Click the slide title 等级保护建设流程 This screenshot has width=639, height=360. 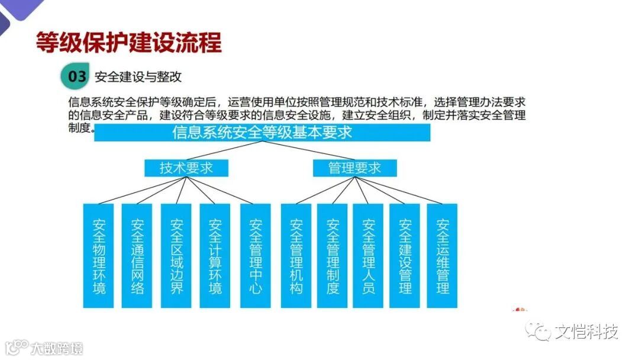pos(129,43)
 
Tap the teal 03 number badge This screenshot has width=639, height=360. pos(76,76)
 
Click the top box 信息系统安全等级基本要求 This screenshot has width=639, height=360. pos(262,133)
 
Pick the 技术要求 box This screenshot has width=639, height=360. pos(186,168)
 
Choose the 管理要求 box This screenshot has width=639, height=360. pos(354,168)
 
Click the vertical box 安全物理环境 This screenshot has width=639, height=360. pos(98,256)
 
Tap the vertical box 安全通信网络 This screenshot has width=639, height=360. pos(137,256)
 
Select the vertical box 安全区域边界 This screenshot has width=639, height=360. pos(176,256)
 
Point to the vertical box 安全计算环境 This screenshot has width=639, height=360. pos(215,256)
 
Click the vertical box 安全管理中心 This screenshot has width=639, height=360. pos(256,256)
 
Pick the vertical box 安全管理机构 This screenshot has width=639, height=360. pos(296,256)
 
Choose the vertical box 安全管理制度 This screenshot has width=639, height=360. pos(332,256)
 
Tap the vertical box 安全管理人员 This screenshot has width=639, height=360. pos(368,256)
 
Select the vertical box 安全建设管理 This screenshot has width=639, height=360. pos(405,256)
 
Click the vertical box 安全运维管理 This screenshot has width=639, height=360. pos(442,256)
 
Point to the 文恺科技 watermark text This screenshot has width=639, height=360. pos(586,332)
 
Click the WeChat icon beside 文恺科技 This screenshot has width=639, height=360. pos(540,331)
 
